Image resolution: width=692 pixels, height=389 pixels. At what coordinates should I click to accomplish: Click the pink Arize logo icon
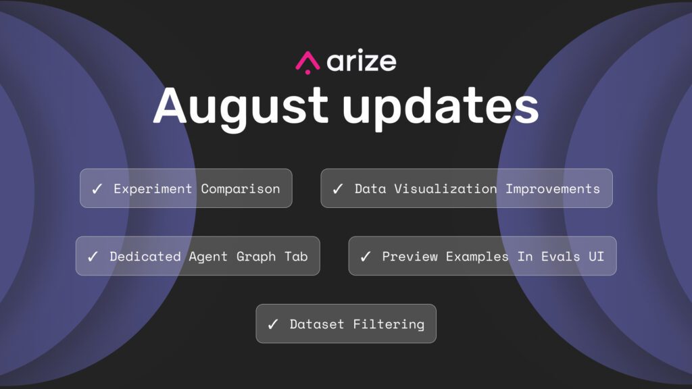tap(307, 63)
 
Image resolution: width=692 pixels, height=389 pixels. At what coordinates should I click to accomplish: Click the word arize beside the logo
tap(362, 61)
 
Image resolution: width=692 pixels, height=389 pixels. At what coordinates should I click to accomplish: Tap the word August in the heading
tap(241, 106)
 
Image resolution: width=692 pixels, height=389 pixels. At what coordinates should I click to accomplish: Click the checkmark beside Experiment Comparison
tap(97, 189)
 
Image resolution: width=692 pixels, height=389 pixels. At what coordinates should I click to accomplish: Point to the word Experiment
tap(153, 189)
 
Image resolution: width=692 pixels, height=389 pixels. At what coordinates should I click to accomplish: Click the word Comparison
tap(241, 189)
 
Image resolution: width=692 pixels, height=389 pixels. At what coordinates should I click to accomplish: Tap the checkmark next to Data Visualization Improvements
tap(338, 189)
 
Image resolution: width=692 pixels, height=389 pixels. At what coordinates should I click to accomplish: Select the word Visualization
tap(445, 189)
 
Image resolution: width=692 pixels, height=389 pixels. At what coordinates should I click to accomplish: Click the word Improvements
tap(553, 189)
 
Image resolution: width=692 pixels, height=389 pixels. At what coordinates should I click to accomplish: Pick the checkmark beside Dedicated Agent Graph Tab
tap(93, 257)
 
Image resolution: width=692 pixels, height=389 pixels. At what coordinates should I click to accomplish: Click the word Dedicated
tap(145, 256)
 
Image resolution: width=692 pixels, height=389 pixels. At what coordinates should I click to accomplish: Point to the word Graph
tap(256, 257)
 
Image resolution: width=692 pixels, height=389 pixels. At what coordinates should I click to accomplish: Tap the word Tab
tap(296, 256)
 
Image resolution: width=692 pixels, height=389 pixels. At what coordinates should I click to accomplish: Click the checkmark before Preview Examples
tap(366, 257)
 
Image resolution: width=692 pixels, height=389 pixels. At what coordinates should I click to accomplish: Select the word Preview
tap(410, 256)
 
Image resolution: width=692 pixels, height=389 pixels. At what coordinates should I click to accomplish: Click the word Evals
tap(560, 256)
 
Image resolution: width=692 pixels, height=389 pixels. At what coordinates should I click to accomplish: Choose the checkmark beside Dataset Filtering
tap(273, 325)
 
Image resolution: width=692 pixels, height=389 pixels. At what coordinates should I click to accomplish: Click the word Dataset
tap(316, 324)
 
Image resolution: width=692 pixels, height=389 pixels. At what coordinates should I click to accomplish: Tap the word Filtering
tap(389, 324)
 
